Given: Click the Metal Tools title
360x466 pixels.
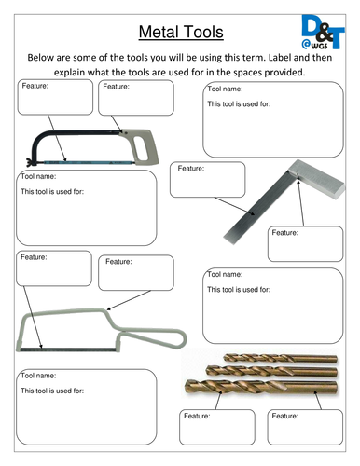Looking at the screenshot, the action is tap(181, 32).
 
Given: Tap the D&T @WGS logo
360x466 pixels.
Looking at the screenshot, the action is tap(323, 32).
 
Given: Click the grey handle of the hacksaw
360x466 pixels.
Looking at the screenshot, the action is tap(142, 146).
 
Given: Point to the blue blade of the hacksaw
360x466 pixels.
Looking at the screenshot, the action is tap(88, 162).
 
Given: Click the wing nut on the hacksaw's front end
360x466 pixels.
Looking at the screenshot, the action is tap(31, 161).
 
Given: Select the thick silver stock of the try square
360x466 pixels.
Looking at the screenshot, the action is tap(316, 179).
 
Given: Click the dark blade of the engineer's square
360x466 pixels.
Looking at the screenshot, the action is tap(257, 208).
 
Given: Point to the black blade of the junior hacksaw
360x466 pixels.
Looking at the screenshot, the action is tap(68, 349).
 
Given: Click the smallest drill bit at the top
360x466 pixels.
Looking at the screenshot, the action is tap(280, 359).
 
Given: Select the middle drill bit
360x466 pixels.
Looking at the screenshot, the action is tap(271, 371).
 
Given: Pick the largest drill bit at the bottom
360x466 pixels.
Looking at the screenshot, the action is tap(261, 387).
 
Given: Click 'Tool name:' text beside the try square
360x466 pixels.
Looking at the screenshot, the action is tap(225, 89).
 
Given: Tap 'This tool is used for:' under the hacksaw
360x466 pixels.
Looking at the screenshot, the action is tap(52, 191).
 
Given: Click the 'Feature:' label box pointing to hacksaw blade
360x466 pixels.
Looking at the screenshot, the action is tap(55, 97).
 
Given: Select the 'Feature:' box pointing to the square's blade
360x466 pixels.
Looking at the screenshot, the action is tap(208, 180).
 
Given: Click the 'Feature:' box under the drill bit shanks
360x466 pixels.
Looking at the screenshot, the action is tap(305, 427).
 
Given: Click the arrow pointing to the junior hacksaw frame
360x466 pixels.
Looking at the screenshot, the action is tap(129, 300).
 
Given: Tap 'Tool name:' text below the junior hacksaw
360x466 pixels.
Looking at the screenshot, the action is tap(38, 376).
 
